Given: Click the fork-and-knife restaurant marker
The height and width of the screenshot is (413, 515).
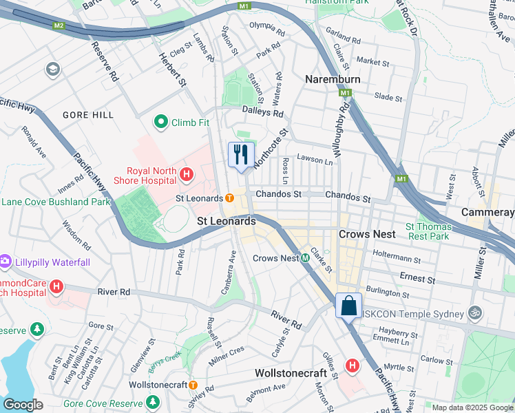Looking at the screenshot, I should (x=240, y=154).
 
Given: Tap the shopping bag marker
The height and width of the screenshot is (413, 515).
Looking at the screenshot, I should (x=349, y=305).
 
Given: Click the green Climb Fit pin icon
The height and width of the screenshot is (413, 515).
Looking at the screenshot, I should (x=161, y=123).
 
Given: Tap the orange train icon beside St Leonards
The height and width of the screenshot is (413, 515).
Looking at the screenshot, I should (x=229, y=198).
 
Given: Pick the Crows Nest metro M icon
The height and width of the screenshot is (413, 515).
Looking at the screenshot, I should (x=304, y=258).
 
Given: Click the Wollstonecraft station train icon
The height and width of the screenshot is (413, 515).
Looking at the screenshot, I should (x=193, y=385).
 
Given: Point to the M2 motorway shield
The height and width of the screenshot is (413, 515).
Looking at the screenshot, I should (x=59, y=25).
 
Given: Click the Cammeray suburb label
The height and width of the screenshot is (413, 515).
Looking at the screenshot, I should (x=487, y=212).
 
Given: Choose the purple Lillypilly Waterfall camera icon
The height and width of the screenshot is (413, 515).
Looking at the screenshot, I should (x=6, y=262).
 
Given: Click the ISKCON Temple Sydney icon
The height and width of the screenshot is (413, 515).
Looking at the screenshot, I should (x=474, y=313).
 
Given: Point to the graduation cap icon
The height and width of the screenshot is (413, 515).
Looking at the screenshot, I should (x=52, y=70).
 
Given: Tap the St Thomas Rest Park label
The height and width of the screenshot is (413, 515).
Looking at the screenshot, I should (x=429, y=231).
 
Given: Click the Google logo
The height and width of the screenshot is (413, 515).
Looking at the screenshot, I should (x=23, y=404).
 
